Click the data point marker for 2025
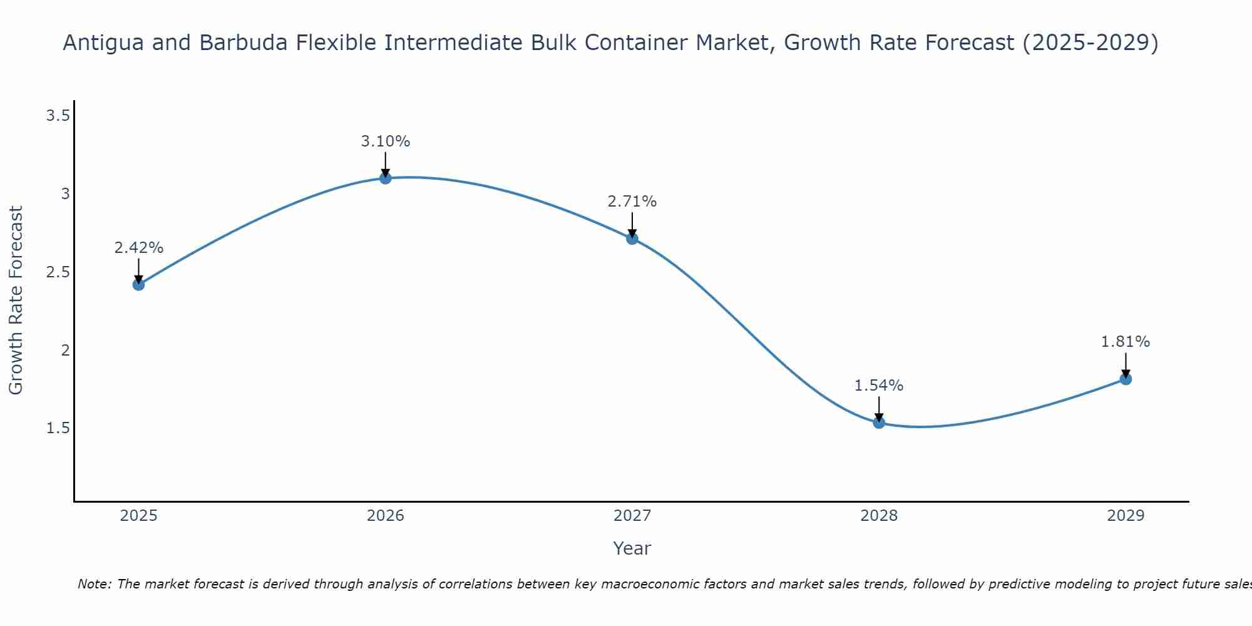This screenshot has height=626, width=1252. [x=138, y=285]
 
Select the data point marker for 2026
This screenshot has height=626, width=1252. [x=386, y=178]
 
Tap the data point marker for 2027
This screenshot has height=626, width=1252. [x=632, y=239]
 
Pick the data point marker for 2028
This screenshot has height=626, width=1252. [x=879, y=423]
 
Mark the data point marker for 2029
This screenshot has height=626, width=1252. [x=1126, y=379]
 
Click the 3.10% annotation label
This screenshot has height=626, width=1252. [x=386, y=141]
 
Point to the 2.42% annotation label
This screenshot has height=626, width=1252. [x=138, y=248]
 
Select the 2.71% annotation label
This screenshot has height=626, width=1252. [x=632, y=202]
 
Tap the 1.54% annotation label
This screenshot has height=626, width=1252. [x=879, y=386]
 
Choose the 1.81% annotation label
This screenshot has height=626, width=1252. [x=1126, y=342]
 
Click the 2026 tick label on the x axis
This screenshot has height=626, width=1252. [x=386, y=516]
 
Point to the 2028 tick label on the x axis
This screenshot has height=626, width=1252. [x=879, y=516]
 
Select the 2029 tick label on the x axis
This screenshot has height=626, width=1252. [x=1126, y=516]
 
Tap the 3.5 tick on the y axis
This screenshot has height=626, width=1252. [x=58, y=116]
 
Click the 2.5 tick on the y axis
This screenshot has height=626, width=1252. [x=58, y=272]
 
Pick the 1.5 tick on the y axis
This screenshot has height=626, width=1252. [x=58, y=428]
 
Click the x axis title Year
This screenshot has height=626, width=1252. [x=632, y=548]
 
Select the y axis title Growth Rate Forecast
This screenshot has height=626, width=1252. [x=16, y=300]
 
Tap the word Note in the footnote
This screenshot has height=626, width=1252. [x=94, y=584]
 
